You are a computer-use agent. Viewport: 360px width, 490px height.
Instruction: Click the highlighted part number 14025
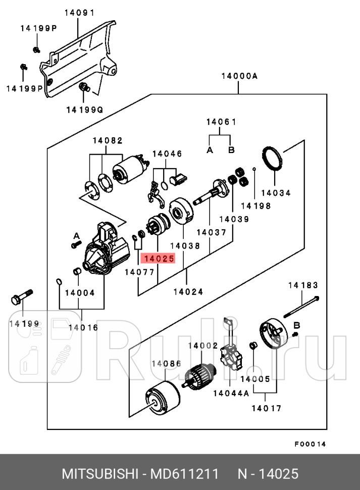point(159,259)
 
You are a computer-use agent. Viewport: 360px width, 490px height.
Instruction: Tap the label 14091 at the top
point(79,13)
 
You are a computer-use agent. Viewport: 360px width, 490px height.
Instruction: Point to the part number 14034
point(276,192)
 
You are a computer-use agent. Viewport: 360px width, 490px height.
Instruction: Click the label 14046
point(167,154)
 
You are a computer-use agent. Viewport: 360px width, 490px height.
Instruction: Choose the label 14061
point(221,122)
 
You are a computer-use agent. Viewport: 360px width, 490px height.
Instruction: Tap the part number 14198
point(255,206)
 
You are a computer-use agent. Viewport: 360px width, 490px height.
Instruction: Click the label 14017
point(267,408)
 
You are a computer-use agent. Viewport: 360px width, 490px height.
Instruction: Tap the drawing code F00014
point(311,444)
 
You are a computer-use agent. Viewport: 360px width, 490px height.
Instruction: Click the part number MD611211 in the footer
point(186,474)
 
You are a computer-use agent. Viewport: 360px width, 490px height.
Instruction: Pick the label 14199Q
point(84,109)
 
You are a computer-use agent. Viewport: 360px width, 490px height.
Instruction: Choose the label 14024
point(188,291)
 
